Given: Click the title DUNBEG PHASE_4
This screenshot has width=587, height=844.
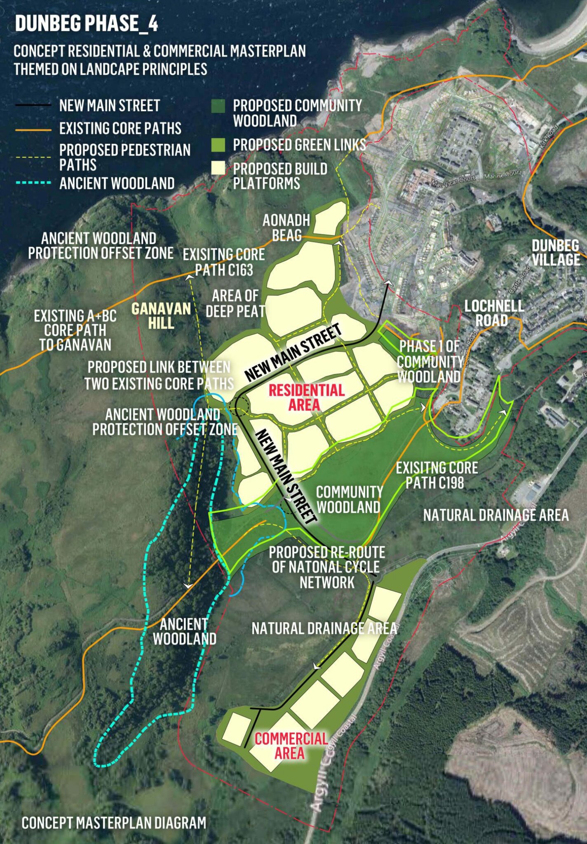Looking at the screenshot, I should pyautogui.click(x=87, y=23).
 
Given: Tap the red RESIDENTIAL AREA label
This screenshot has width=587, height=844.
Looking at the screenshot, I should pyautogui.click(x=306, y=397).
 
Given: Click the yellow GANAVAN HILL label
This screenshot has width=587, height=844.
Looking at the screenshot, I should pyautogui.click(x=161, y=316).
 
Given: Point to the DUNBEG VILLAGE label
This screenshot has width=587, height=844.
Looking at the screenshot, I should pyautogui.click(x=555, y=253).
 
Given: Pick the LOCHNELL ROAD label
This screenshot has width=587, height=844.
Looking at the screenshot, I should pyautogui.click(x=494, y=313).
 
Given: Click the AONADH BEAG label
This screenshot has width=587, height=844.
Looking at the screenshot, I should pyautogui.click(x=286, y=227).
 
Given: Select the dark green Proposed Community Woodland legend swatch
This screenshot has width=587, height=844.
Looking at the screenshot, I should pyautogui.click(x=218, y=106).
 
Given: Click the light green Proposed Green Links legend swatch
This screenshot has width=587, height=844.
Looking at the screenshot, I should pyautogui.click(x=218, y=145).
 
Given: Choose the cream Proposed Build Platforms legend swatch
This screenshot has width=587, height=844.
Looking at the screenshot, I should pyautogui.click(x=218, y=168).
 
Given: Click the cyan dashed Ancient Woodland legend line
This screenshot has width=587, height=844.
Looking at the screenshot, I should pyautogui.click(x=33, y=183).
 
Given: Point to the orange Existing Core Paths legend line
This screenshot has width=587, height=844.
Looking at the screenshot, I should pyautogui.click(x=33, y=129).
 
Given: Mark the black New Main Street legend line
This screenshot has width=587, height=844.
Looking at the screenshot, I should pyautogui.click(x=33, y=105).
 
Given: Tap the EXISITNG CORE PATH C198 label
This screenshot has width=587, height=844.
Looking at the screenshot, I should pyautogui.click(x=437, y=475).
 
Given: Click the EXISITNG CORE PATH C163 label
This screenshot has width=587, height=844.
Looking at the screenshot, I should pyautogui.click(x=224, y=262).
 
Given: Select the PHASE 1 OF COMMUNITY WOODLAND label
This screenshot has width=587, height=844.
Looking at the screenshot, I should pyautogui.click(x=429, y=361).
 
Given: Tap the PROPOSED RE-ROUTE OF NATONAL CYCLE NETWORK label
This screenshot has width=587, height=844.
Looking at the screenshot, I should pyautogui.click(x=327, y=567).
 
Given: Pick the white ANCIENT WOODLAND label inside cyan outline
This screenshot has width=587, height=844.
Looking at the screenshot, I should pyautogui.click(x=184, y=631).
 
